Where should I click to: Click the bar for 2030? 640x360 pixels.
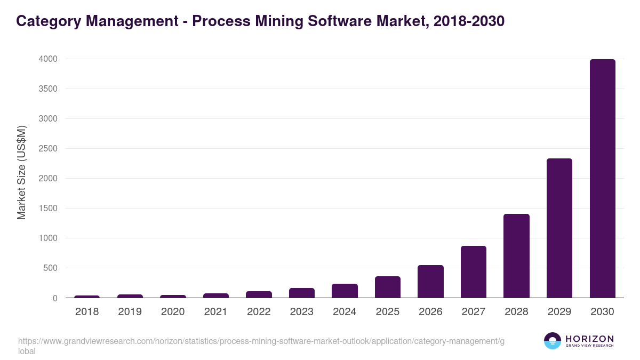click(x=602, y=179)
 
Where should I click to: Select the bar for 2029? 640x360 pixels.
click(x=559, y=228)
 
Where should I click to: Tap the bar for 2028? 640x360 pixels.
click(x=516, y=256)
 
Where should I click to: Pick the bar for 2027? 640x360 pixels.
click(x=474, y=272)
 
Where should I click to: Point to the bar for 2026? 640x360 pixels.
click(x=430, y=282)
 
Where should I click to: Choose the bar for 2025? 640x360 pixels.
click(x=388, y=287)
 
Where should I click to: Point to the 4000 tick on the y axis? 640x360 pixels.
click(x=47, y=59)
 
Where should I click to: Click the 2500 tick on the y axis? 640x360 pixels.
click(x=47, y=149)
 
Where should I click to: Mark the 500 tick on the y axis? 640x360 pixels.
click(x=51, y=268)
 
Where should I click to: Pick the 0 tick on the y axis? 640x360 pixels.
click(x=55, y=298)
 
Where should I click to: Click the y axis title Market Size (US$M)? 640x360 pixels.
click(x=21, y=173)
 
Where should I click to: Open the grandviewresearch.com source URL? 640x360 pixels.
click(x=261, y=341)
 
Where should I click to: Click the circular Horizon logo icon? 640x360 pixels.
click(x=552, y=341)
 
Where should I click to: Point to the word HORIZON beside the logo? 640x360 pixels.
click(x=589, y=339)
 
